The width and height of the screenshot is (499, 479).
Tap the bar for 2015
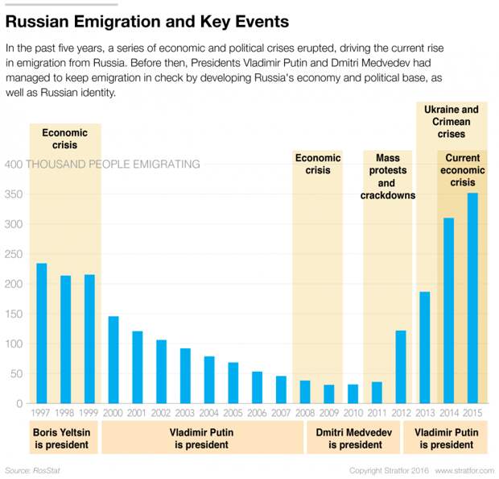472,298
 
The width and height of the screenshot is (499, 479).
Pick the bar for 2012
401,367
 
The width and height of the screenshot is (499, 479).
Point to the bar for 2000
113,360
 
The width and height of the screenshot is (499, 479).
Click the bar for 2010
353,394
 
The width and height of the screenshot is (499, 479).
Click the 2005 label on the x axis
233,413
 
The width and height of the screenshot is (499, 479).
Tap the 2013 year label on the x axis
425,413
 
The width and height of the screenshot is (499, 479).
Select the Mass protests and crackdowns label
387,177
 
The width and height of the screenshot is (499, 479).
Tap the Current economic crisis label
463,171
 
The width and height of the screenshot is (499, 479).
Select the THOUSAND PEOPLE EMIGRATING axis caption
113,165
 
